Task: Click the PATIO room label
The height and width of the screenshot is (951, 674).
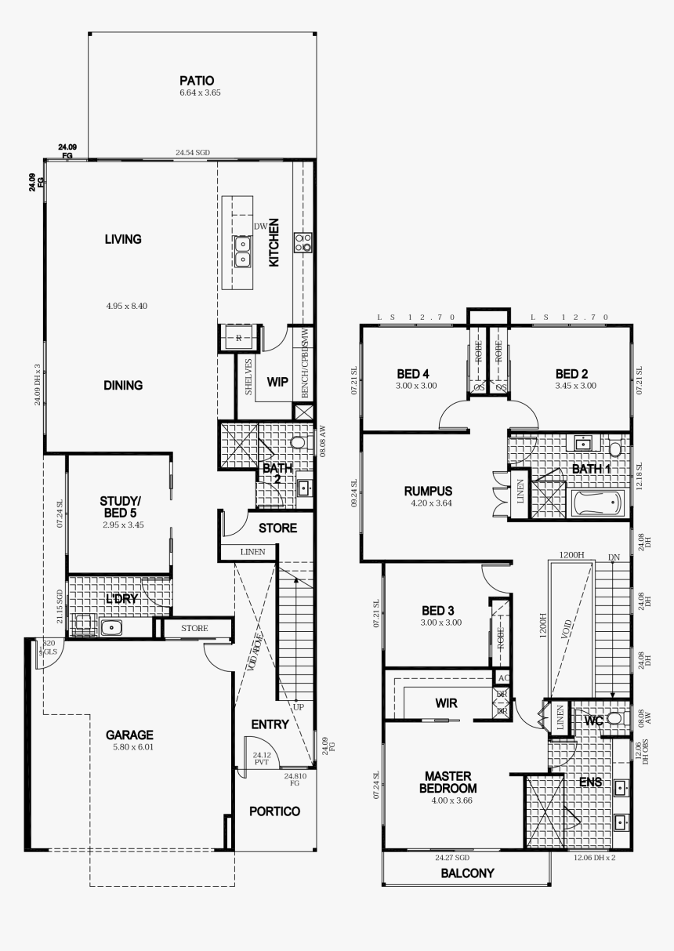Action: point(197,80)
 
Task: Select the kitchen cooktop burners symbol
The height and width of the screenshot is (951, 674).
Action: point(303,242)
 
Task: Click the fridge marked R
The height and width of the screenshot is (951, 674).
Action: point(238,338)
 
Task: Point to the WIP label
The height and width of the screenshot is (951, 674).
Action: point(278,383)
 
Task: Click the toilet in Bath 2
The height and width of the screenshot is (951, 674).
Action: point(297,443)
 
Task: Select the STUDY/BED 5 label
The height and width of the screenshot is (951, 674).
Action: point(121,506)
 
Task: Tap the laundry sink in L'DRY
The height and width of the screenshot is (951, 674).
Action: point(111,626)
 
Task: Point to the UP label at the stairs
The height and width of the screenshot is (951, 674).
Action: point(298,706)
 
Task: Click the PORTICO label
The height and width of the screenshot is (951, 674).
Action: point(275,811)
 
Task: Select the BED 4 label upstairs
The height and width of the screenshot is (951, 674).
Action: point(414,374)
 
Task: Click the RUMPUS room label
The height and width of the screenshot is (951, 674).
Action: point(428,491)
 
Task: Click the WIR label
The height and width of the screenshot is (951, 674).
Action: point(446,703)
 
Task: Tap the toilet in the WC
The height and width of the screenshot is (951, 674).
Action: point(614,718)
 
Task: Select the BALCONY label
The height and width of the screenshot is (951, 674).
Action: point(467,873)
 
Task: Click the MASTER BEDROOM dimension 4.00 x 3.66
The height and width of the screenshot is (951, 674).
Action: point(448,800)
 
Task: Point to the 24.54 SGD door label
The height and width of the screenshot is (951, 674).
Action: point(192,153)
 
